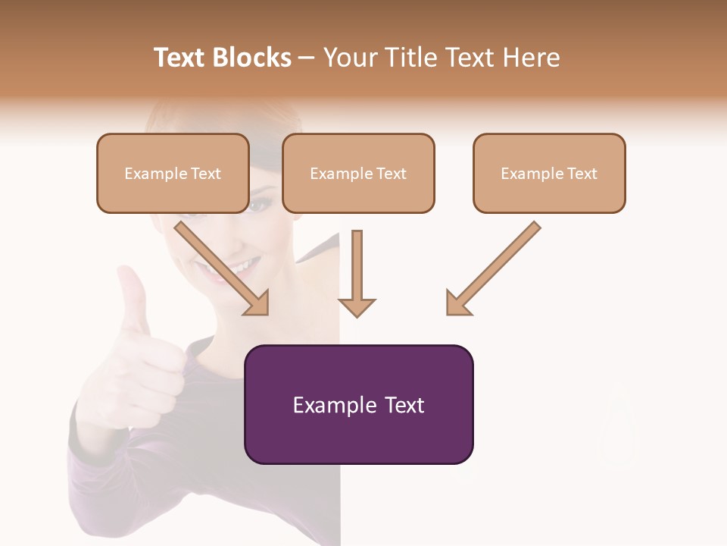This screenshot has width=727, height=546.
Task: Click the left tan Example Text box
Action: coord(173,173)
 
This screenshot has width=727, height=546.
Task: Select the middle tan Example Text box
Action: coord(358,173)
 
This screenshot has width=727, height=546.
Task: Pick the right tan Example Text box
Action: coord(549,173)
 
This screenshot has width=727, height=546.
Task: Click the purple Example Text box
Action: coord(359,404)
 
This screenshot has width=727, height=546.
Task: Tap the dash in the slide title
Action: coord(307,58)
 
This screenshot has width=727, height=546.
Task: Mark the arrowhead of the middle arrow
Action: coord(357,307)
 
